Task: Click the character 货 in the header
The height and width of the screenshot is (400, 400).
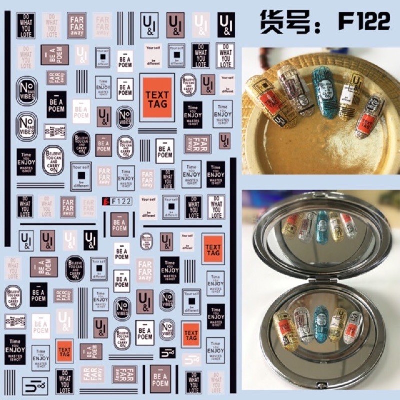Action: [x=272, y=22]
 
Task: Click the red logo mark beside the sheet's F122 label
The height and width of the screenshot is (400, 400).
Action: [x=105, y=202]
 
